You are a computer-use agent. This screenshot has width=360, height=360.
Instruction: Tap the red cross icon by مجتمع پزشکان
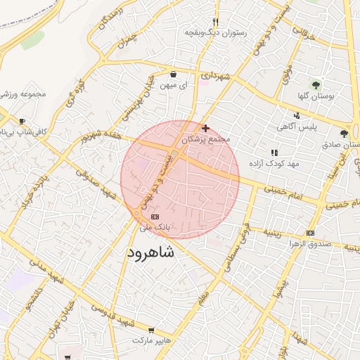(205, 128)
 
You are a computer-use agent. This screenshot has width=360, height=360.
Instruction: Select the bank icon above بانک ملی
(155, 217)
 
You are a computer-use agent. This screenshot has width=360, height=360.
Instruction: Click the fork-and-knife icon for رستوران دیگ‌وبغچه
(216, 22)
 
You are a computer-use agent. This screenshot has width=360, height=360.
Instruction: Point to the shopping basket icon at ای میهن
(174, 74)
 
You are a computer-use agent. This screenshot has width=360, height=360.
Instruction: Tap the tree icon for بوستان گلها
(316, 84)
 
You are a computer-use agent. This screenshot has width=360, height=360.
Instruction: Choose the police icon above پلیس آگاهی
(297, 115)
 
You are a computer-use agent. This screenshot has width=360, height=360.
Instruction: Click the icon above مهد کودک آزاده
(274, 152)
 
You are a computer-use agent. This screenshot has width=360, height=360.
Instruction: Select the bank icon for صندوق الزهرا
(310, 233)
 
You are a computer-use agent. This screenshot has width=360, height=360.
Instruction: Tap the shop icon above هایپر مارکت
(151, 330)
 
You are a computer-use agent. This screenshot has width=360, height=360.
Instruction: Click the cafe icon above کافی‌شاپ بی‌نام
(22, 121)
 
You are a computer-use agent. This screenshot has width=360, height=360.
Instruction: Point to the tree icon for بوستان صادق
(344, 133)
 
